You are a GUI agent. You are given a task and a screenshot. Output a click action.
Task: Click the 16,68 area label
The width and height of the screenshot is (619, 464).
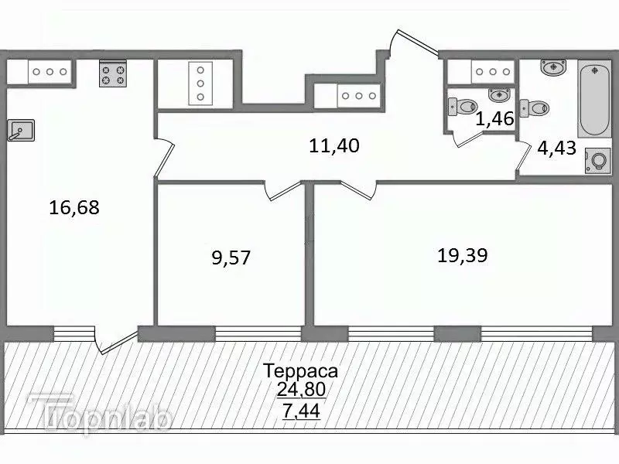74,207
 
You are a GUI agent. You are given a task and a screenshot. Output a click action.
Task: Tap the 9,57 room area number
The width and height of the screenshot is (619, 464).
231,258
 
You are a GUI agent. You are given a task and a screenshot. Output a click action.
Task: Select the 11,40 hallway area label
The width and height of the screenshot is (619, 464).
335,145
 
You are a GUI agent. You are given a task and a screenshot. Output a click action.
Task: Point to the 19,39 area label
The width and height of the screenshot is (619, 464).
462,256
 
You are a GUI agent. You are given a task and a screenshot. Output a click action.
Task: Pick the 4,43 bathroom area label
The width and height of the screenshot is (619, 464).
557,147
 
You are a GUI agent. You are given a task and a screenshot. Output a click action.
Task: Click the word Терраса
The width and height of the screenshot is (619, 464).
299,370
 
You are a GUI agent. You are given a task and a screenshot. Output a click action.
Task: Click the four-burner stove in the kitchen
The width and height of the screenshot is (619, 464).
113,74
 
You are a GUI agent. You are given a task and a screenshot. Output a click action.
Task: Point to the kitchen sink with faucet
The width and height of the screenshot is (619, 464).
22,131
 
